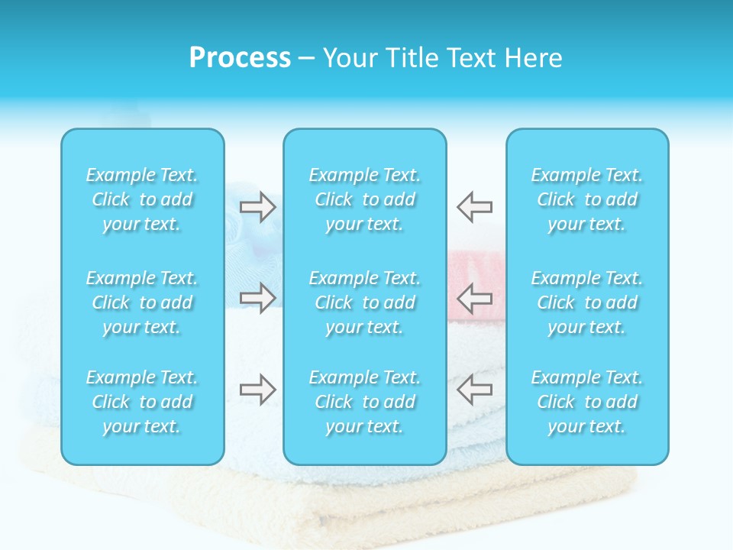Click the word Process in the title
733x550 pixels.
pyautogui.click(x=240, y=58)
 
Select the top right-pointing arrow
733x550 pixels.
pyautogui.click(x=257, y=207)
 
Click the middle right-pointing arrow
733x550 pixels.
pyautogui.click(x=257, y=298)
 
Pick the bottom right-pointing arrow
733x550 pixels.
pyautogui.click(x=257, y=390)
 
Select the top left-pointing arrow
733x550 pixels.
pyautogui.click(x=475, y=207)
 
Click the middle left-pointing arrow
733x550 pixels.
pyautogui.click(x=475, y=298)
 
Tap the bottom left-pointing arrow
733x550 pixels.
pyautogui.click(x=475, y=390)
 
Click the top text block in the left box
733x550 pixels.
pyautogui.click(x=142, y=199)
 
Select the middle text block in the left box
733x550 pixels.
pyautogui.click(x=142, y=302)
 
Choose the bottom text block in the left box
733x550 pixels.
pyautogui.click(x=142, y=402)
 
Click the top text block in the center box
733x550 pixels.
pyautogui.click(x=364, y=199)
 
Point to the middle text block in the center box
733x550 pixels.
pyautogui.click(x=364, y=302)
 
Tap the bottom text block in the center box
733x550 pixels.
pyautogui.click(x=364, y=402)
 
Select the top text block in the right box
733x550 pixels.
pyautogui.click(x=586, y=199)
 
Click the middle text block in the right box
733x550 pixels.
pyautogui.click(x=586, y=302)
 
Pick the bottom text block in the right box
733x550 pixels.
pyautogui.click(x=586, y=402)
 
